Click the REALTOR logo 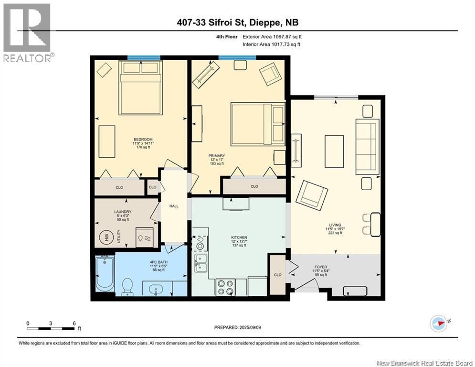click(x=27, y=32)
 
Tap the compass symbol click(x=439, y=324)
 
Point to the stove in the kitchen click(x=225, y=287)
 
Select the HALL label click(x=174, y=206)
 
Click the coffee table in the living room click(x=334, y=151)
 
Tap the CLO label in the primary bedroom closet click(x=254, y=186)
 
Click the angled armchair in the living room click(x=312, y=195)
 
